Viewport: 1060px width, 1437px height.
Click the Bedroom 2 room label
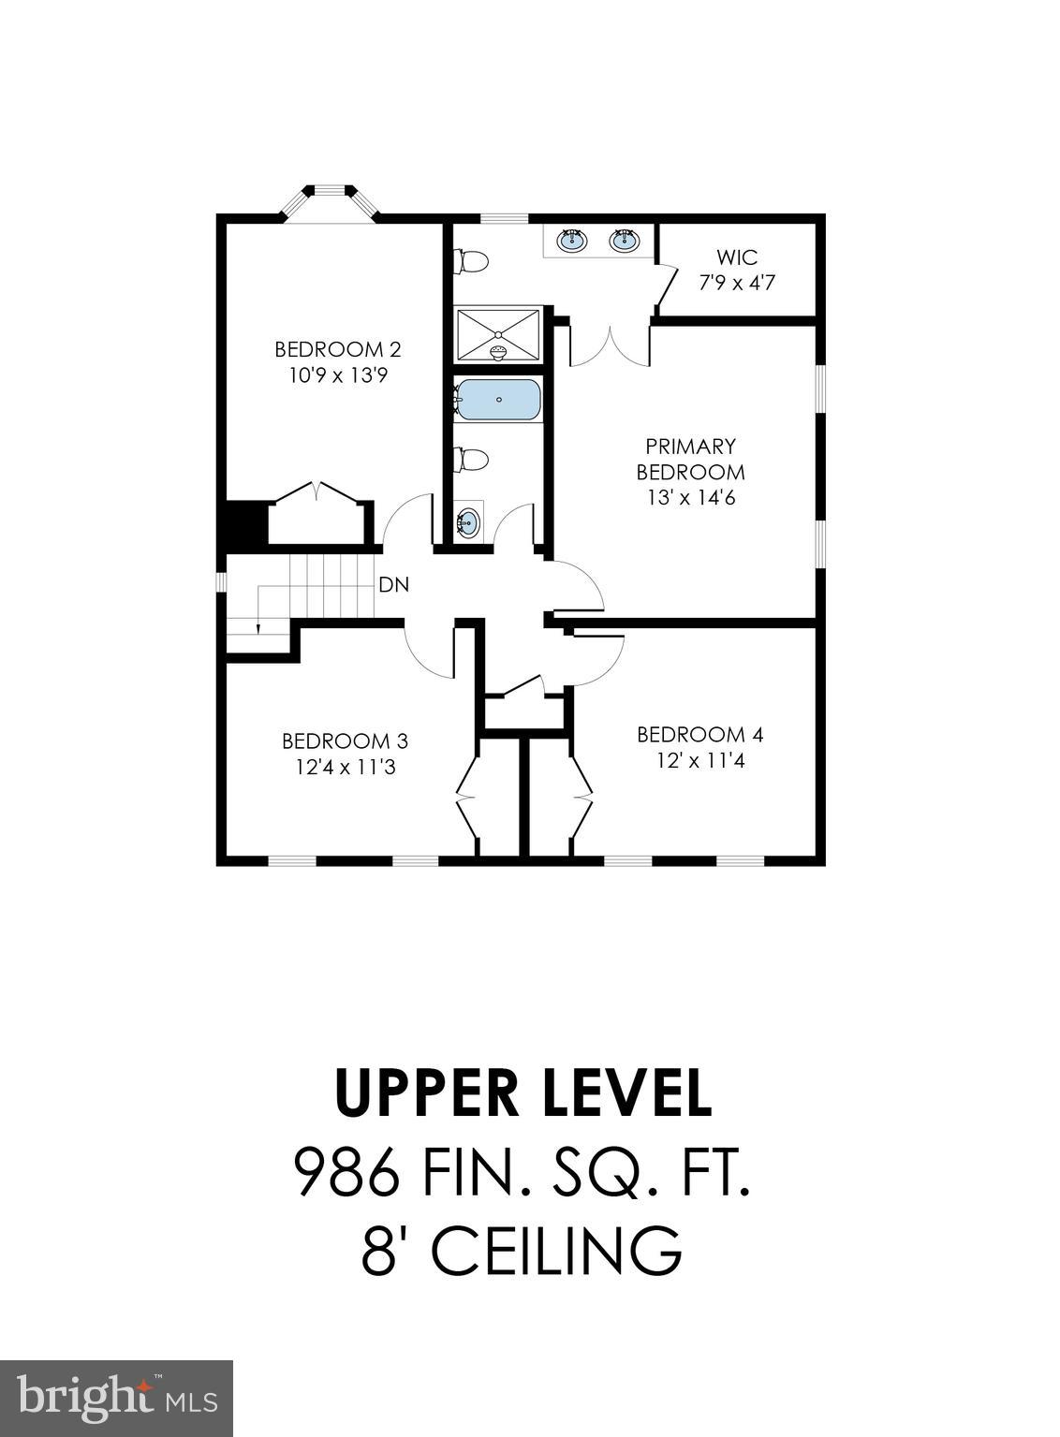tap(337, 350)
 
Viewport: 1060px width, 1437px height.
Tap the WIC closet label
tap(737, 257)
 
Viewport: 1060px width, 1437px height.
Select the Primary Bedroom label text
tap(691, 459)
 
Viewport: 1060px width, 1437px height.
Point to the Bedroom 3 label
tap(345, 741)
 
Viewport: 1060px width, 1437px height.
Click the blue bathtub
tap(498, 400)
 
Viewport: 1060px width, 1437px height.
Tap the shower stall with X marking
tap(498, 334)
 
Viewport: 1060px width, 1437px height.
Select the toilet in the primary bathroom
tap(471, 261)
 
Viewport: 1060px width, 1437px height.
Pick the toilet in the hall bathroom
tap(471, 460)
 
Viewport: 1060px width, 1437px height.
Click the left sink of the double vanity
tap(571, 241)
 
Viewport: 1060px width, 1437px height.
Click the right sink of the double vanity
tap(624, 241)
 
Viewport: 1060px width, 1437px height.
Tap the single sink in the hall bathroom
tap(468, 522)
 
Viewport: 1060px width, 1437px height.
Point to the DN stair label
tap(394, 585)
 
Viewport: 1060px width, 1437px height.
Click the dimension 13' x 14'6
tap(691, 498)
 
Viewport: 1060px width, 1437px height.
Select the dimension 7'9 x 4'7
tap(737, 282)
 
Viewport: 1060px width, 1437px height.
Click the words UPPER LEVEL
tap(523, 1093)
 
